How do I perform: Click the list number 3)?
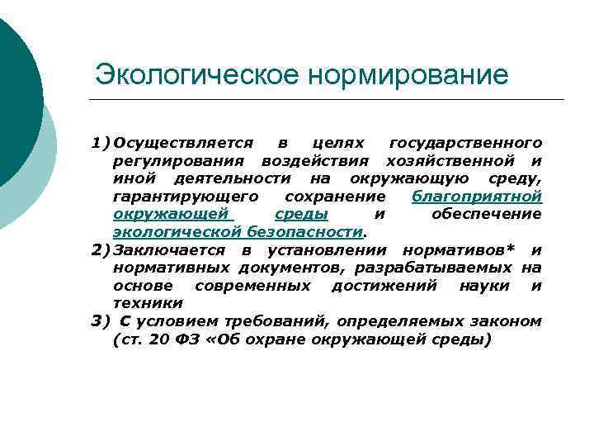[101, 320]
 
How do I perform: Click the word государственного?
[465, 142]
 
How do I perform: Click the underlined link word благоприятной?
[476, 196]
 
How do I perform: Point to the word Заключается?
[172, 249]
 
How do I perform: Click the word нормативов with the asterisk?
[457, 249]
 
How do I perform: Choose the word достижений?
[379, 285]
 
